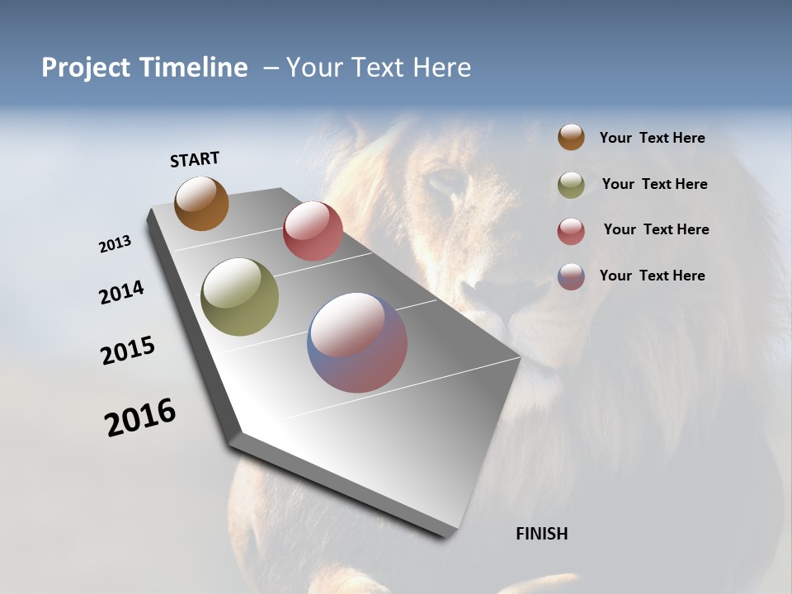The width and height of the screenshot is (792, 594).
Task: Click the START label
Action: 195,159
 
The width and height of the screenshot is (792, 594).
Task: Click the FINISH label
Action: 541,534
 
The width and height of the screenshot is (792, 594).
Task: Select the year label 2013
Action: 115,244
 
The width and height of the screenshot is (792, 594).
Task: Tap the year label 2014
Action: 121,293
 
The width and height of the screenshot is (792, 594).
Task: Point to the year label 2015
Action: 128,351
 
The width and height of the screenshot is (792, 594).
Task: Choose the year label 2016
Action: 140,417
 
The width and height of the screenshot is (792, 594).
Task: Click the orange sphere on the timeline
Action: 201,203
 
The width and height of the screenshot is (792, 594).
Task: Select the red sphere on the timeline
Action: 313,231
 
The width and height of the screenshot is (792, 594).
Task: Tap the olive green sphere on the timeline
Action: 239,297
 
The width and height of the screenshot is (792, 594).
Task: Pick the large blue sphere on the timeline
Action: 357,342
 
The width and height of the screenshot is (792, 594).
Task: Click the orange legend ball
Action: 571,138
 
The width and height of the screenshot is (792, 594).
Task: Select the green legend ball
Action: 571,185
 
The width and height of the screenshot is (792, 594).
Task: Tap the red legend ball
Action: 571,231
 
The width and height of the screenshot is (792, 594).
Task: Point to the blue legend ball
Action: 571,276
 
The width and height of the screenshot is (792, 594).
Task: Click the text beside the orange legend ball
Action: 652,139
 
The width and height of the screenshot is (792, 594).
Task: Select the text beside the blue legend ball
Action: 652,276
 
